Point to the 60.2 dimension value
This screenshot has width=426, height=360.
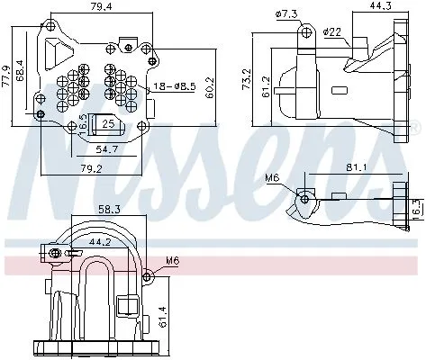tap(209, 86)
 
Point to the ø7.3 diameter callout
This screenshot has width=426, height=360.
tap(286, 14)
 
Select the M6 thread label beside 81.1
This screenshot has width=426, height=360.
tap(272, 178)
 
